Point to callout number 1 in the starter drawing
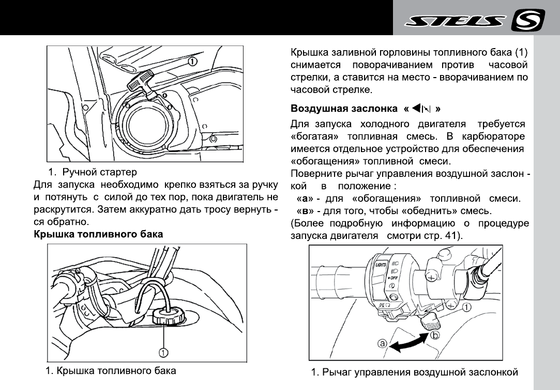(x=191, y=61)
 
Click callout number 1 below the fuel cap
(x=163, y=352)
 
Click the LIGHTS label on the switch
(x=381, y=264)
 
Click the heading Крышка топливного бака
(x=98, y=234)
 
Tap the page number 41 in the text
(x=449, y=235)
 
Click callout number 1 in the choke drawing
(x=466, y=307)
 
